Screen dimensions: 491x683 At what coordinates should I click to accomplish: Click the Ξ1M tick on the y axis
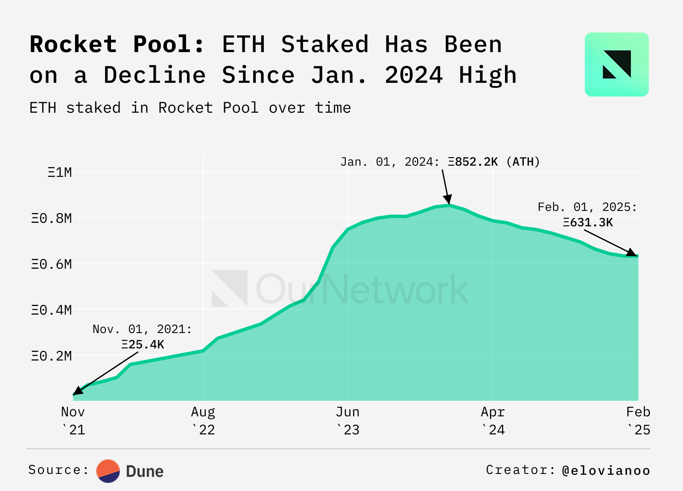point(60,172)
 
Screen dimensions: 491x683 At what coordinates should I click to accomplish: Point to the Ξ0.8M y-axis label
point(52,219)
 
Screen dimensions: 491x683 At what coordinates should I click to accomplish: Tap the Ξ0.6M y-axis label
point(52,264)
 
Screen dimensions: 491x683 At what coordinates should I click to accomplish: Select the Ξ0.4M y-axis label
point(52,310)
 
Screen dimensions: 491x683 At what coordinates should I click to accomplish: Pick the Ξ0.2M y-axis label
point(52,356)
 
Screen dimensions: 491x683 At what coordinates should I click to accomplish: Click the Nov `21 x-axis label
point(73,421)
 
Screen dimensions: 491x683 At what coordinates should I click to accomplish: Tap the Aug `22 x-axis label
point(203,421)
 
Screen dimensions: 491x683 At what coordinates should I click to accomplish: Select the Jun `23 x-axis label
point(348,421)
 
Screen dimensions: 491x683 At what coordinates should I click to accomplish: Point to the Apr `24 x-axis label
point(493,421)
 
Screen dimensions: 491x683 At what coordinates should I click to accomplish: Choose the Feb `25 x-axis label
point(638,421)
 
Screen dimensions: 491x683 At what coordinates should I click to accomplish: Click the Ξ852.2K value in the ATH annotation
point(473,162)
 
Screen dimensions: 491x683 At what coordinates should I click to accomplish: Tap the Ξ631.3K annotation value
point(588,222)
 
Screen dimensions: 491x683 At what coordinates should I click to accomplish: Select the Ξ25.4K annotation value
point(143,345)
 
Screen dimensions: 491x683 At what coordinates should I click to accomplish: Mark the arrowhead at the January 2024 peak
point(448,199)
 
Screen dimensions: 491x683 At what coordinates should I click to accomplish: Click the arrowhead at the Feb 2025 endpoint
point(631,252)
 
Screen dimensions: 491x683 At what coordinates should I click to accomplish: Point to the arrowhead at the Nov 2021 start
point(78,391)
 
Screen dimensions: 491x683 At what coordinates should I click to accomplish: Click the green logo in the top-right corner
point(616,64)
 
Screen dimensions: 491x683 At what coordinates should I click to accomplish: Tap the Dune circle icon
point(108,471)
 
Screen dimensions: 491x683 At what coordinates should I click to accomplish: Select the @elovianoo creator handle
point(606,471)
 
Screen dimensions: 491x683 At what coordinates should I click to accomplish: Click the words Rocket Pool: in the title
point(117,44)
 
